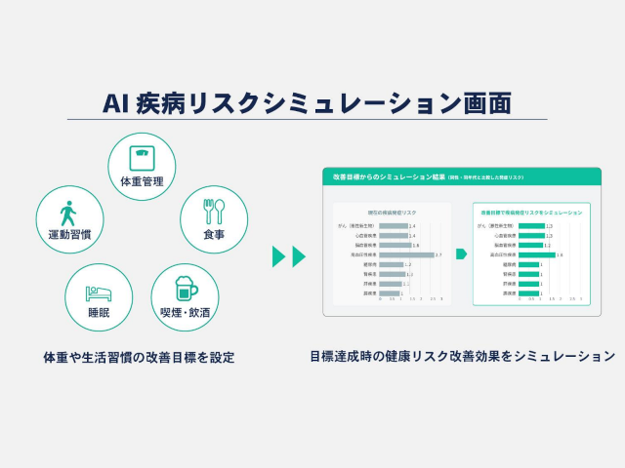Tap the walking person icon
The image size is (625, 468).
coord(67,212)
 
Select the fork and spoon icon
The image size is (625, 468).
coord(214,211)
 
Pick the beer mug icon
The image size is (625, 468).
coord(184,290)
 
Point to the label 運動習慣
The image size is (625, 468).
coord(68,234)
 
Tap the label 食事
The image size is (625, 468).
coord(214,234)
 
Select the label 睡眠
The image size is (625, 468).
coord(98,312)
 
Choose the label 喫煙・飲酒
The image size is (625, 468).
coord(185,312)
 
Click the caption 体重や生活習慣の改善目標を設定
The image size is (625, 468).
coord(139,357)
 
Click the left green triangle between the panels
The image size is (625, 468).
coord(278,256)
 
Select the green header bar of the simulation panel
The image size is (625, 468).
coord(461,175)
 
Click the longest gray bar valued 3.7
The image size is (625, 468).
coord(406,254)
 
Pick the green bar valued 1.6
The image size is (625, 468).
coord(536,254)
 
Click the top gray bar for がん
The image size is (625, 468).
coord(394,225)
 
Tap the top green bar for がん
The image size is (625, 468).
coord(531,225)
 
